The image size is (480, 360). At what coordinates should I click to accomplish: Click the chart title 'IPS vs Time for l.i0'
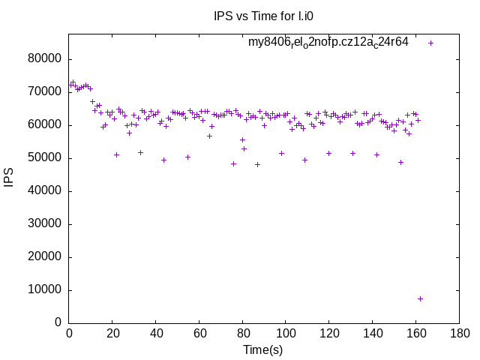259,16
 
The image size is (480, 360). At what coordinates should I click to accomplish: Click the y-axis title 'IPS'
10,178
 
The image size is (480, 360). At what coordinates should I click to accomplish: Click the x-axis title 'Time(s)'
262,349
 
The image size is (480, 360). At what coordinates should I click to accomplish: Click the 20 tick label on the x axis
112,333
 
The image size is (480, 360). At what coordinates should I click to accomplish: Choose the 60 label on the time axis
198,333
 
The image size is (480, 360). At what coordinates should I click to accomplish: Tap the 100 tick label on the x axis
284,333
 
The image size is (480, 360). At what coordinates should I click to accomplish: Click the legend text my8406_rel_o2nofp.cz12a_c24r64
328,43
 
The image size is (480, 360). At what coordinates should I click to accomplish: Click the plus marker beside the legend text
431,43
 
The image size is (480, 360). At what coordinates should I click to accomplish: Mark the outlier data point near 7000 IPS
420,298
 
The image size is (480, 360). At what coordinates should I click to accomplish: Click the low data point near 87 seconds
257,164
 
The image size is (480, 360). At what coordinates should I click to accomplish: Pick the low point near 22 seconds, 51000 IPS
116,154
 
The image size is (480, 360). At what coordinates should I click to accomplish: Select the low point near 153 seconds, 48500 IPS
400,162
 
